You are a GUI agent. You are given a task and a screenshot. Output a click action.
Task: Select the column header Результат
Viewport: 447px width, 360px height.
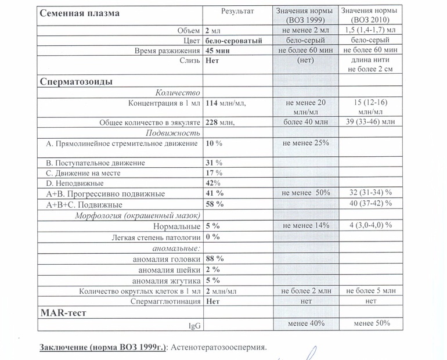click(237, 12)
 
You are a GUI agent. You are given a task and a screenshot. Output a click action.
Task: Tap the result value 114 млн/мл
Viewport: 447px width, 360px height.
click(226, 103)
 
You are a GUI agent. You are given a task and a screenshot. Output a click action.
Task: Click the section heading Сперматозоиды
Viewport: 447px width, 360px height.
click(77, 81)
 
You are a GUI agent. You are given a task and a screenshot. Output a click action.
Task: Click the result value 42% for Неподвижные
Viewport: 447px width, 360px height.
click(214, 183)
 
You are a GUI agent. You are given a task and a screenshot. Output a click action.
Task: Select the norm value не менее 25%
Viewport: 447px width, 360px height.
click(305, 143)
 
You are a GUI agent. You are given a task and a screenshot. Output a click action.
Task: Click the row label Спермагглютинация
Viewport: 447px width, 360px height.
click(174, 301)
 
